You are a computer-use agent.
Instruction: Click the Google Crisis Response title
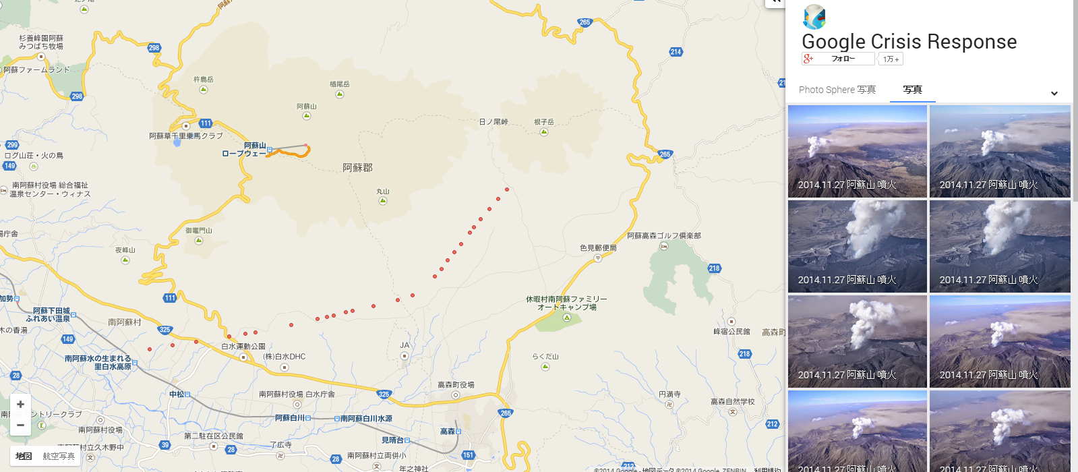tap(908, 42)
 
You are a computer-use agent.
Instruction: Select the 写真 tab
tap(912, 90)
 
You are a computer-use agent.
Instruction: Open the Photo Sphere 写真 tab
tap(837, 90)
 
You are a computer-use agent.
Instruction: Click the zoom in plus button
tap(20, 404)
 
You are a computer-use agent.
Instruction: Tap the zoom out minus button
tap(20, 425)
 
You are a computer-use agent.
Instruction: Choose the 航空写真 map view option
tap(59, 456)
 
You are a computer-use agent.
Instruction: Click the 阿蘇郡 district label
tap(357, 167)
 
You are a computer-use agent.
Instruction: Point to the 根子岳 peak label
tap(543, 122)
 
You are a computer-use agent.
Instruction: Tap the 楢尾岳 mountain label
tap(339, 84)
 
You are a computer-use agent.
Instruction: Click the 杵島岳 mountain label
tap(203, 80)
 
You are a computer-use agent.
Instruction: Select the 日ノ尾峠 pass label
tap(493, 122)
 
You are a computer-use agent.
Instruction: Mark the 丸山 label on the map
tap(383, 191)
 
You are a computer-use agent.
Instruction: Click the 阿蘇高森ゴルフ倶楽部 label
tap(663, 236)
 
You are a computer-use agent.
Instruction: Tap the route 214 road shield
tap(676, 52)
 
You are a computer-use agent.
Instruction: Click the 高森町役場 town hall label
tap(456, 385)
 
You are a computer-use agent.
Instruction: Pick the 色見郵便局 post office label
tap(598, 248)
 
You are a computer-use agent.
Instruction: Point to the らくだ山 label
tap(545, 357)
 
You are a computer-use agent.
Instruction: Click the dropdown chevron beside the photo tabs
tap(1054, 93)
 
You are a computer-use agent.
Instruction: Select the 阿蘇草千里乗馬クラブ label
tap(185, 136)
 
